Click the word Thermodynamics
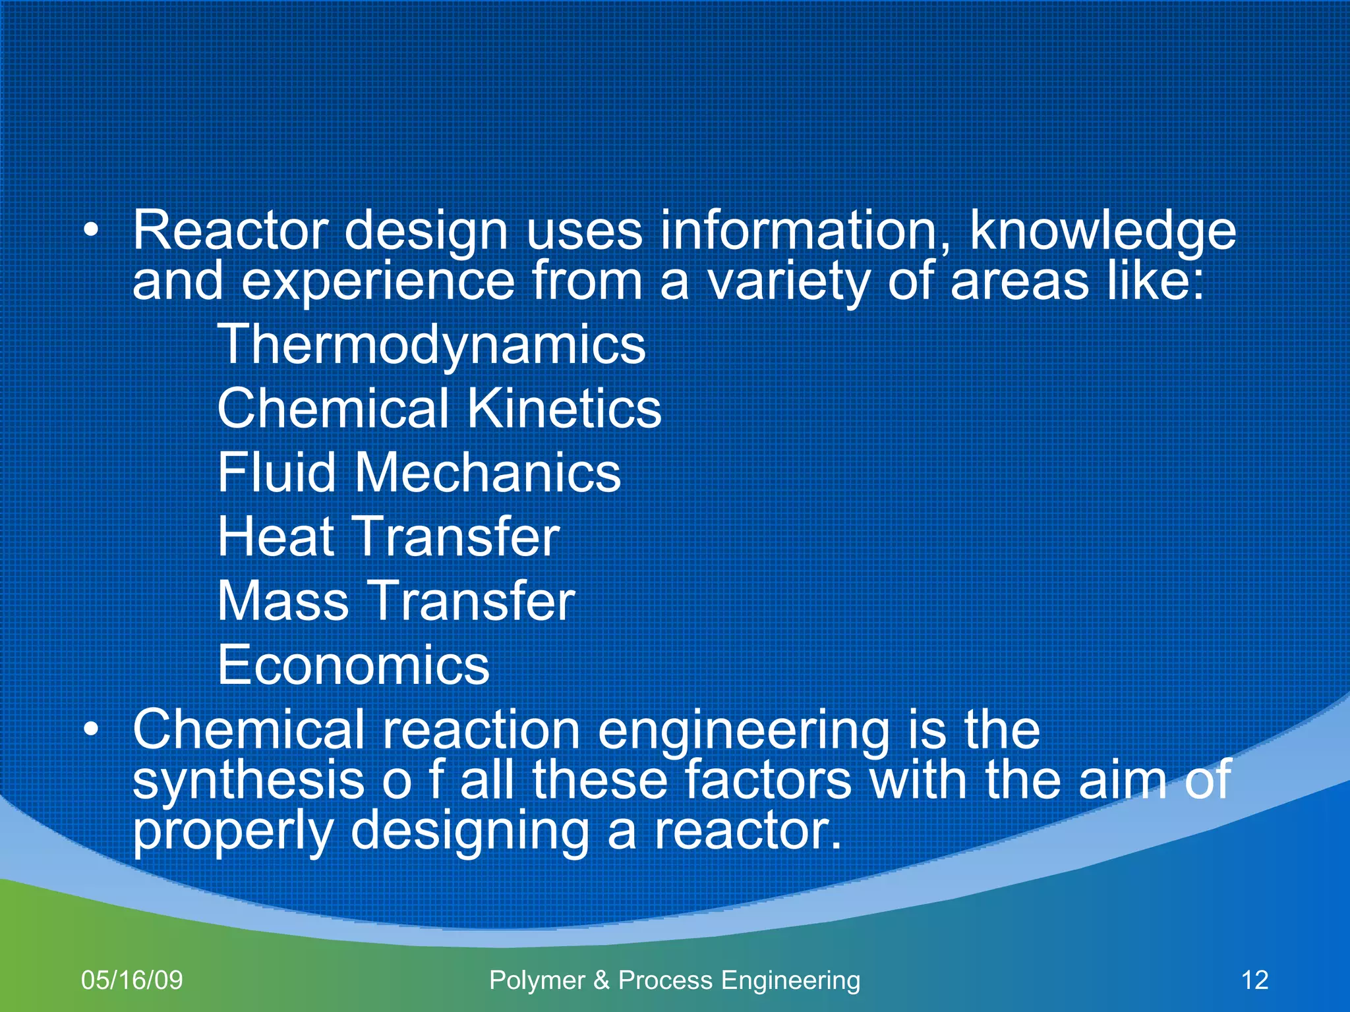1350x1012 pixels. coord(431,345)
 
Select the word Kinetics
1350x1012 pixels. coord(564,409)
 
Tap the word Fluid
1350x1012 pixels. coord(277,472)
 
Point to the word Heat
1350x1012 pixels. coord(276,536)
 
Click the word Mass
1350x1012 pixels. coord(283,601)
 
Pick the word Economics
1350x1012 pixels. coord(353,665)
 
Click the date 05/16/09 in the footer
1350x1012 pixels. coord(132,980)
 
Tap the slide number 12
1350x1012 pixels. coord(1254,980)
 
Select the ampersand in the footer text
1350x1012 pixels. coord(601,980)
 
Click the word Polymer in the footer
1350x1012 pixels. coord(537,980)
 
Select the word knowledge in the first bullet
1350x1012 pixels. coord(1102,232)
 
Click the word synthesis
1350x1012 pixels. coord(249,781)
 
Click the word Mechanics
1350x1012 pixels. coord(488,472)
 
